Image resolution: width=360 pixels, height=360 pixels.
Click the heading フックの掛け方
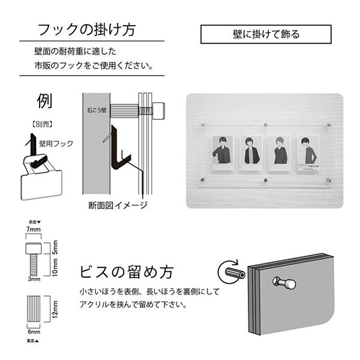point(86,31)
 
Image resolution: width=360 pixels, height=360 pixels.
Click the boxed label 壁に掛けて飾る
point(265,34)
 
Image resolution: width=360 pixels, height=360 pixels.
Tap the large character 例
point(44,100)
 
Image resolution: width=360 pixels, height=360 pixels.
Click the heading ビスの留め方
point(126,271)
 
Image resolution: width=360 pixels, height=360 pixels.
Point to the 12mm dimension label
point(55,310)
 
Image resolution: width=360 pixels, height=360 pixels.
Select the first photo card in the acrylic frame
point(222,150)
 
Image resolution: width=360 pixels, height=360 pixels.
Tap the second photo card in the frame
point(251,150)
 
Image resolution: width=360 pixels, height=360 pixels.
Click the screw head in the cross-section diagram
point(158,110)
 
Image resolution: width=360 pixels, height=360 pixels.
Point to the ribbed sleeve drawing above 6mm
point(34,310)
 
